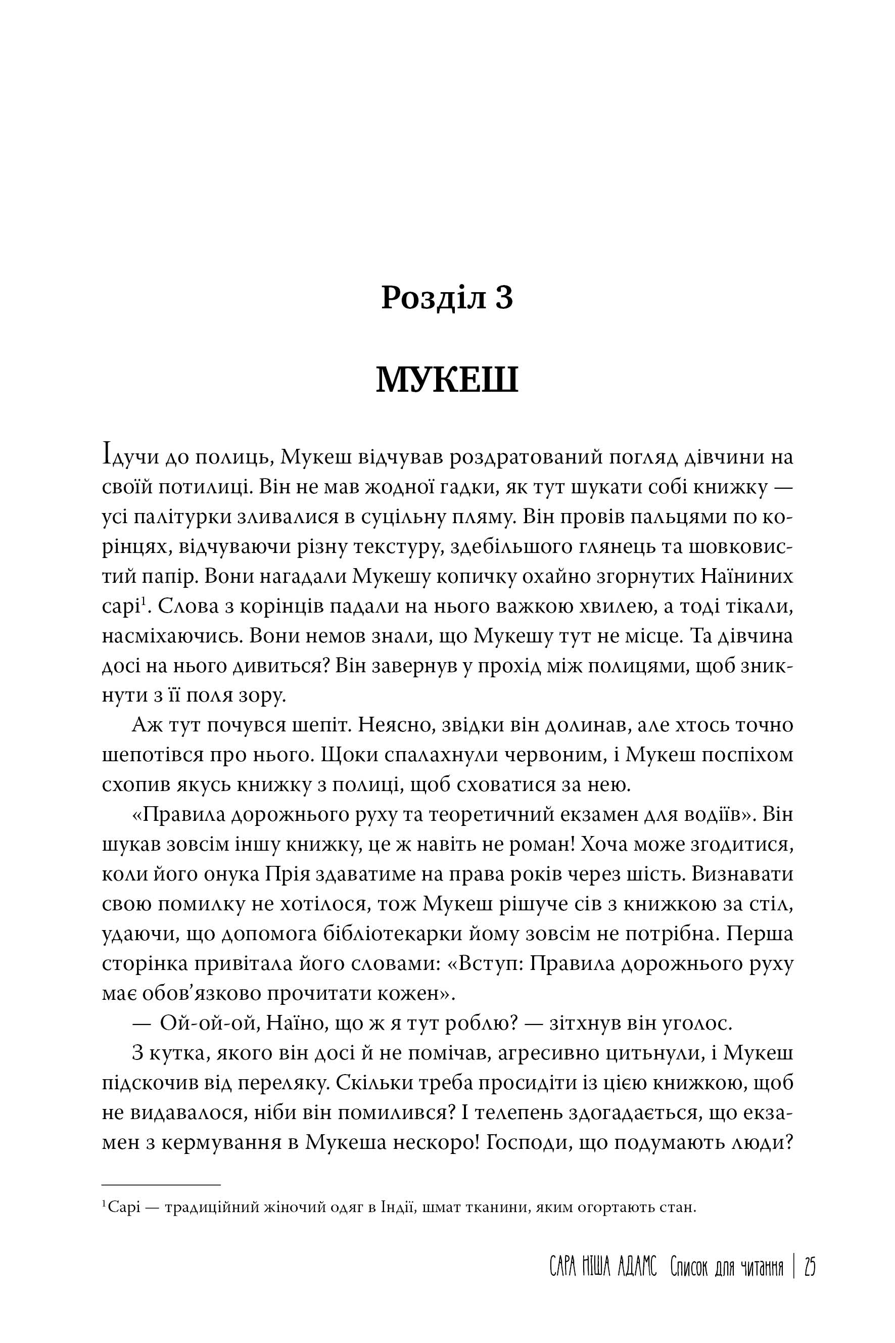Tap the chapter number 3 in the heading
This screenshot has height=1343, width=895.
tap(504, 299)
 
